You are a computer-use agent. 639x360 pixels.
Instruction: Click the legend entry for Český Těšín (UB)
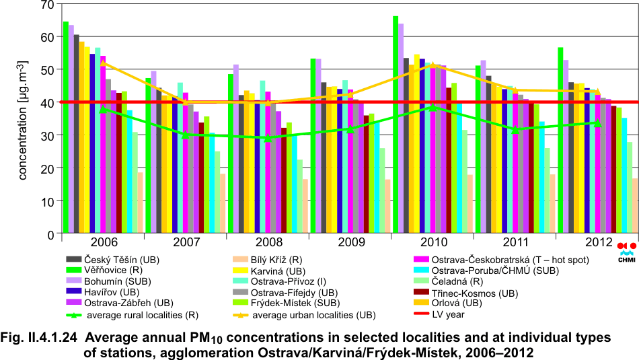point(122,259)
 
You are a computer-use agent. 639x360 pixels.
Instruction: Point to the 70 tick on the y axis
point(46,5)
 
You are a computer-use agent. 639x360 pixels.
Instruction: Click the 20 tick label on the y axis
point(46,169)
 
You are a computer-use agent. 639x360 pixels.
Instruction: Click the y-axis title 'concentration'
point(22,118)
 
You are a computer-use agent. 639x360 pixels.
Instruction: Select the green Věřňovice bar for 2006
point(66,128)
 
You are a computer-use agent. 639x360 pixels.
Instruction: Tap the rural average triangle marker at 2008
point(267,138)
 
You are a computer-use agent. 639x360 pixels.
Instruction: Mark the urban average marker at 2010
point(433,65)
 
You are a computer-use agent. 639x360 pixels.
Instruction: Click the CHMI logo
point(626,250)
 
